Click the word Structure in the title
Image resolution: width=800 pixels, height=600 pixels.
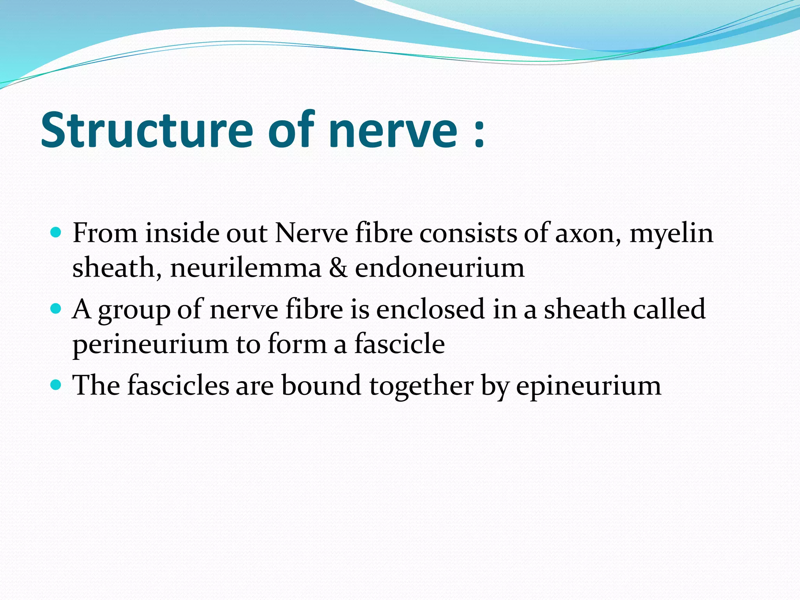click(x=147, y=130)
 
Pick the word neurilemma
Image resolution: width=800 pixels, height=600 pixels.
click(x=246, y=269)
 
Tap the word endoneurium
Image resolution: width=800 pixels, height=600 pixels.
click(x=439, y=269)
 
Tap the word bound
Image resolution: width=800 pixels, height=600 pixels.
click(x=321, y=385)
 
